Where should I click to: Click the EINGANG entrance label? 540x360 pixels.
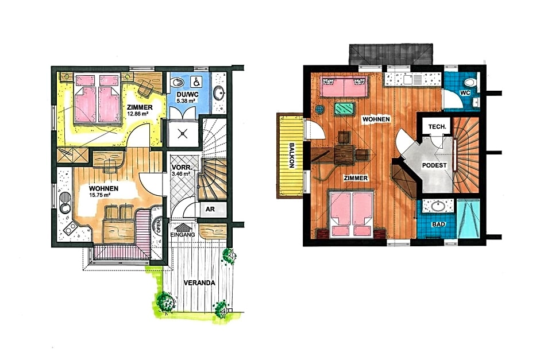183,235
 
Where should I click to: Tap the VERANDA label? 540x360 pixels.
199,283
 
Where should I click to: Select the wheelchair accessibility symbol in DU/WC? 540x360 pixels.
196,82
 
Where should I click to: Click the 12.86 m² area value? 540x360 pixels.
138,114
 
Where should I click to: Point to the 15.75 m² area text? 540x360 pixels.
99,195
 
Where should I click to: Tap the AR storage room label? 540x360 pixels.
210,209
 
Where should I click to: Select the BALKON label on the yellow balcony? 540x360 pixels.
291,155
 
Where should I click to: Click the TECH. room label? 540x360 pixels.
437,127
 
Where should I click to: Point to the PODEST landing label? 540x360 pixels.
434,165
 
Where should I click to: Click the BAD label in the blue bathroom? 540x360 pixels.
438,224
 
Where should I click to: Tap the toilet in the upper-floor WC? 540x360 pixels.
470,82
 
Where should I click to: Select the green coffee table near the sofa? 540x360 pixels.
345,108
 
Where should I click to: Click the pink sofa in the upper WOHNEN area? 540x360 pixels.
344,86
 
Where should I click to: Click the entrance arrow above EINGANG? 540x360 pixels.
183,227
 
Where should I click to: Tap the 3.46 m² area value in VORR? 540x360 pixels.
181,174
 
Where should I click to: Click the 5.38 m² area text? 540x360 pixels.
186,101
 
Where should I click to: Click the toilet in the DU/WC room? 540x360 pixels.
177,83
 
